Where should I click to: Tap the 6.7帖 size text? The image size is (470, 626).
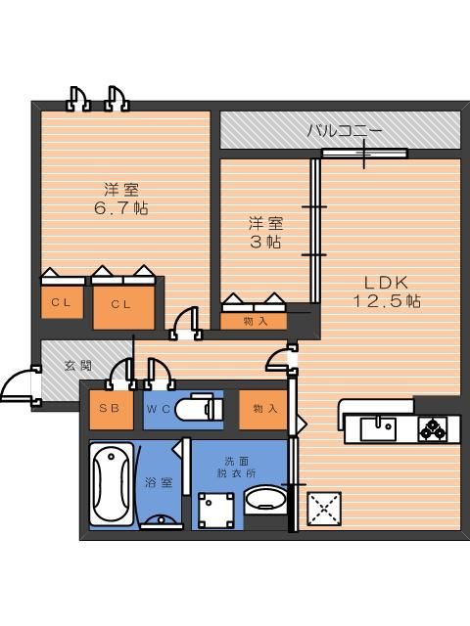point(122,208)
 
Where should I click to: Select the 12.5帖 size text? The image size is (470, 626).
point(387,302)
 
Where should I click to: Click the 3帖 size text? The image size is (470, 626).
point(265,242)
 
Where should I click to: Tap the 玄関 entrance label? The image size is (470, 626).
point(78,365)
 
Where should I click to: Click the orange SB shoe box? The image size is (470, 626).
point(111,411)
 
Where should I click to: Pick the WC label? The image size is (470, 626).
point(160,410)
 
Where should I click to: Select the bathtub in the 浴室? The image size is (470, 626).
point(110,484)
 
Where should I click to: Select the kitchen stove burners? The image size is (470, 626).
point(433,427)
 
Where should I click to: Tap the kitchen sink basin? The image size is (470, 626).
point(377,428)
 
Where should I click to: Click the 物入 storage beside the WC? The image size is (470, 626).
point(263,409)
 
